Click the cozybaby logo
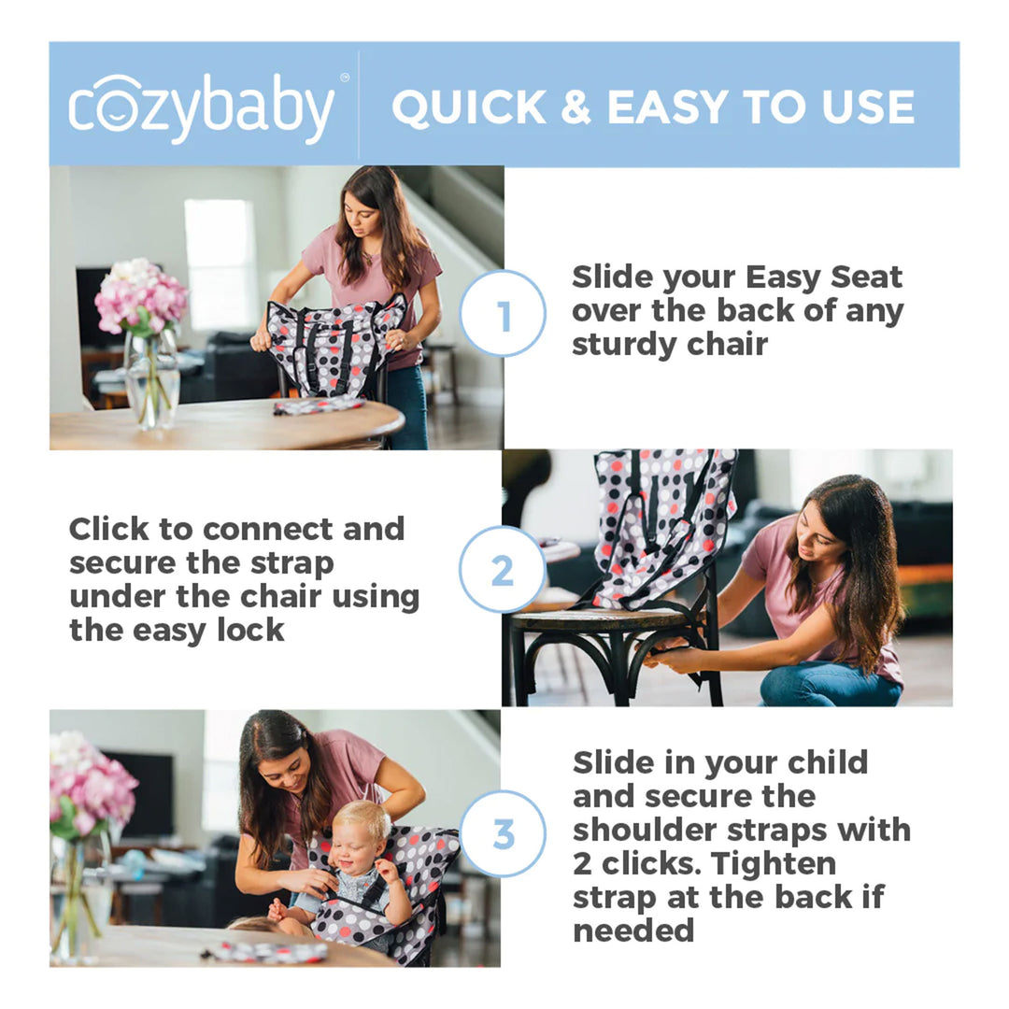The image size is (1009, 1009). [x=201, y=107]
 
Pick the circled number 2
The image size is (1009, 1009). [x=503, y=569]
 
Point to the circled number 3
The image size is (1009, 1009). [x=503, y=833]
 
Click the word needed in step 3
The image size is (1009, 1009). [x=633, y=930]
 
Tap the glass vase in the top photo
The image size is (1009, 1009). [x=151, y=378]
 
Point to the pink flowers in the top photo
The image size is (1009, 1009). [x=141, y=296]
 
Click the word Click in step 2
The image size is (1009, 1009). [x=108, y=529]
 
